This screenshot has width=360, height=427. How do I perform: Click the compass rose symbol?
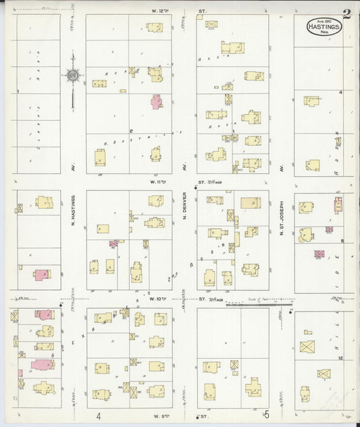72,76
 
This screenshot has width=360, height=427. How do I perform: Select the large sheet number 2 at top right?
347,14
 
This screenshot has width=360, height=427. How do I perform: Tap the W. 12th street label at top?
160,11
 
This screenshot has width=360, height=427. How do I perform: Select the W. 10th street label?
159,298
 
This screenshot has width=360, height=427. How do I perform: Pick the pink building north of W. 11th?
157,101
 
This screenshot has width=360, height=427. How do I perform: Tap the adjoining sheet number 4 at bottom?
99,416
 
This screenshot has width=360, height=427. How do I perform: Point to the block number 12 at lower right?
342,357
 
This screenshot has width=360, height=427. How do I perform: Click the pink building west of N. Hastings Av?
42,274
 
